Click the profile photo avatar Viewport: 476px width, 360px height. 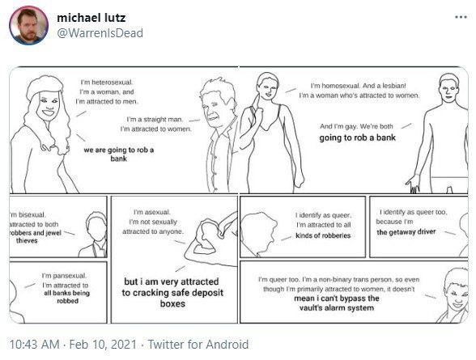[x=28, y=25]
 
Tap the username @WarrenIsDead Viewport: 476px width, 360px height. [x=100, y=33]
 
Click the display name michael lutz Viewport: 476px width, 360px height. [x=91, y=18]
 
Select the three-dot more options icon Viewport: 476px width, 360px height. [x=461, y=17]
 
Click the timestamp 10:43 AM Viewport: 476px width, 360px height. [x=35, y=345]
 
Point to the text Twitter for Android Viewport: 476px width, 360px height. [x=198, y=345]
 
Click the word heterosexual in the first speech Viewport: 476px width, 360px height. [x=113, y=83]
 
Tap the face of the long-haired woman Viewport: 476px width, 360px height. [x=49, y=106]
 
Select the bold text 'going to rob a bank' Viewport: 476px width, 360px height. [x=357, y=138]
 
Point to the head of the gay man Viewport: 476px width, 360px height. [x=449, y=88]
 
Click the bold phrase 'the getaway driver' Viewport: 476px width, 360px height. [x=406, y=232]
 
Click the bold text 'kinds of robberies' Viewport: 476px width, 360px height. [x=323, y=235]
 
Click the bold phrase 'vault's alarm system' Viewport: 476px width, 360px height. [x=337, y=308]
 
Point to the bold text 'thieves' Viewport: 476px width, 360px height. [x=27, y=241]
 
